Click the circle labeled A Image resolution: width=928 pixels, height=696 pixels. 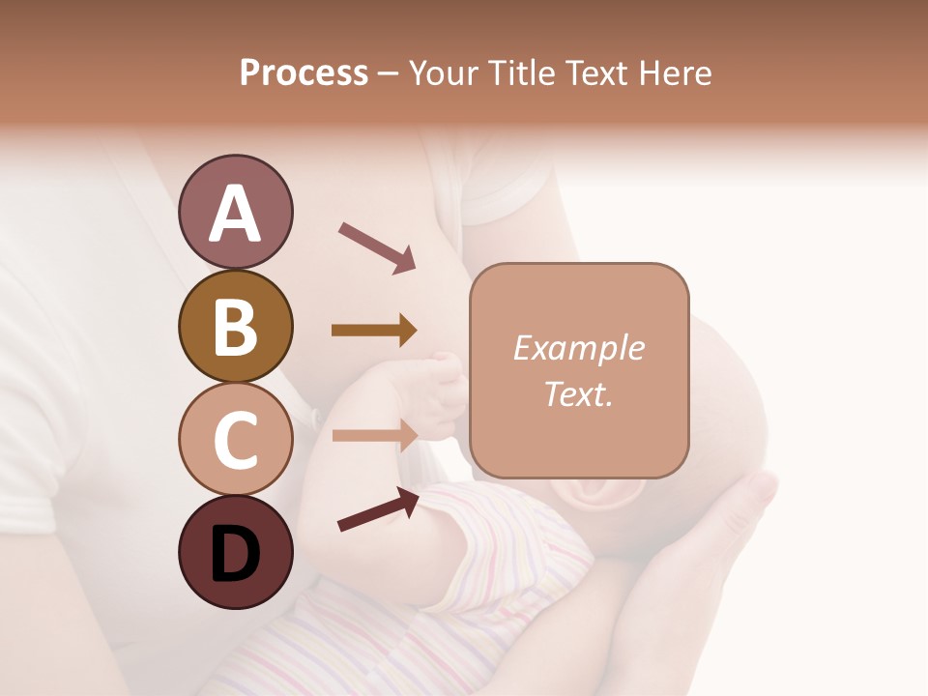coord(235,212)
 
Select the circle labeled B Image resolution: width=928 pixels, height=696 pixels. coord(235,326)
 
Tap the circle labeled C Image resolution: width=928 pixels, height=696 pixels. coord(235,439)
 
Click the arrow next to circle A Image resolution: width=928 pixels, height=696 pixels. coord(377,246)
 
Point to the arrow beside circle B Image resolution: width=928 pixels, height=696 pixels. coord(374,331)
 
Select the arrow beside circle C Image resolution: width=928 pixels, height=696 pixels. coord(374,435)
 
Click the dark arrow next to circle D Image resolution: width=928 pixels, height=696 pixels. coord(378,509)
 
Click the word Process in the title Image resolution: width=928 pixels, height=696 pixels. coord(304,72)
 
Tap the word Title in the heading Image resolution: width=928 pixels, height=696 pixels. coord(521,72)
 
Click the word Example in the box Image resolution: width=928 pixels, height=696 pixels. coord(578,348)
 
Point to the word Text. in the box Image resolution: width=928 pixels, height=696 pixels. coord(578,393)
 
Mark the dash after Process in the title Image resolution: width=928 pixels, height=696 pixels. coord(389,74)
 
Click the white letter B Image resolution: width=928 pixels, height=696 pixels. coord(235,326)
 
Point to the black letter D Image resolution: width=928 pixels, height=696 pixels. coord(235,554)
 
